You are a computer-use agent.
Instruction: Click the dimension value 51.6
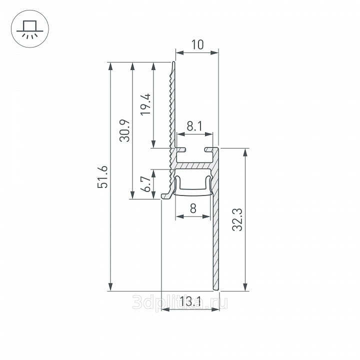point(102,177)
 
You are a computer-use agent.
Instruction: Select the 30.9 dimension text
point(125,130)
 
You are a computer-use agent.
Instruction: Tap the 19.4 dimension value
point(145,104)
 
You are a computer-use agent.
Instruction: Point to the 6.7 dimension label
point(145,184)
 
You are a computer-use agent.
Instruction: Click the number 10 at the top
point(197,44)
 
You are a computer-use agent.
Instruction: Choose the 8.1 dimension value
point(194,126)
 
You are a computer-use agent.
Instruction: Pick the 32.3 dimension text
point(237,219)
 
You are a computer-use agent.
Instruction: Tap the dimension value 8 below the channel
point(193,208)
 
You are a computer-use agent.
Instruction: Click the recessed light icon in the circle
point(30,29)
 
